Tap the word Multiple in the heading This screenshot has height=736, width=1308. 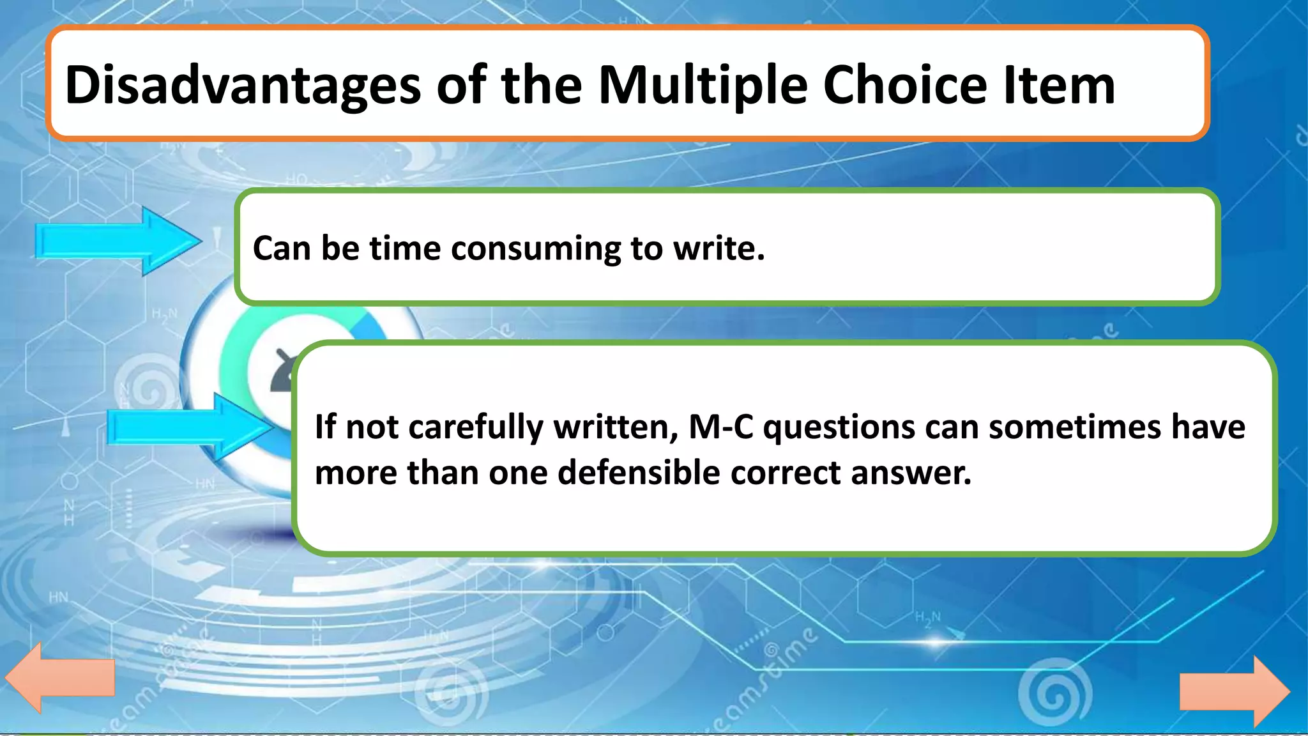[703, 86]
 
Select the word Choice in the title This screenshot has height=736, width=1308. [905, 86]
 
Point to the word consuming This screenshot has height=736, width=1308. [535, 249]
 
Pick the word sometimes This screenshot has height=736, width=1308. [1074, 427]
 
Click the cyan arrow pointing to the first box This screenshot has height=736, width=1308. [118, 241]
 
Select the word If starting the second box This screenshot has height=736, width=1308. [325, 427]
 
